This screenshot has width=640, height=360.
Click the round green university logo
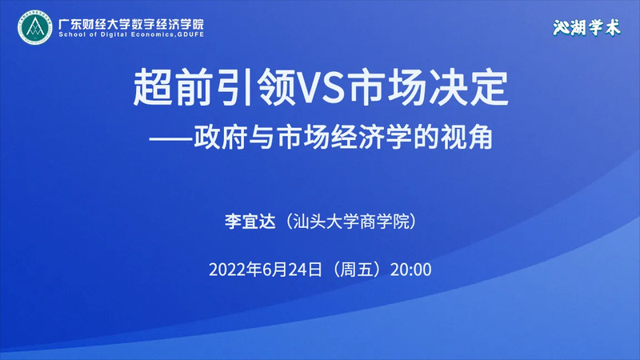click(x=34, y=27)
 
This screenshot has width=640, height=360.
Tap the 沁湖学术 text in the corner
click(x=586, y=28)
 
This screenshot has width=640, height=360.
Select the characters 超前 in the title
click(x=174, y=88)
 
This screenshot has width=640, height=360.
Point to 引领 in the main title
click(x=254, y=88)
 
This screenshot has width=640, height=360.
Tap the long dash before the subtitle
click(x=170, y=138)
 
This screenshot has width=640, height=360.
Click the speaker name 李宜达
click(x=250, y=222)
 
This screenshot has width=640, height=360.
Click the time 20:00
click(x=410, y=270)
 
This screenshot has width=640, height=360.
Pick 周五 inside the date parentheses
click(x=356, y=270)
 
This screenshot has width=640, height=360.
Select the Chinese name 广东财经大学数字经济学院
click(x=131, y=24)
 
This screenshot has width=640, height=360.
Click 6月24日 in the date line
click(x=293, y=270)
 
